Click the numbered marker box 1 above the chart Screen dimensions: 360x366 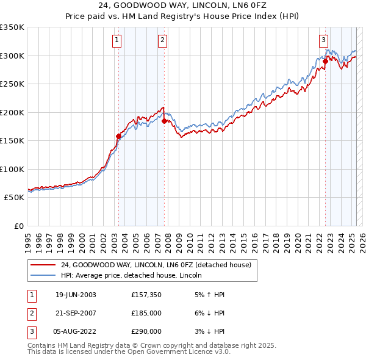tap(117, 41)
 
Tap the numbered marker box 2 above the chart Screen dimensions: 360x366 tap(163, 41)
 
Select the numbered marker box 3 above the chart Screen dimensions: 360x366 tap(323, 41)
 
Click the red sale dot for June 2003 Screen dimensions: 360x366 tap(118, 136)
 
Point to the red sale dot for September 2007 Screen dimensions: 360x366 tap(165, 121)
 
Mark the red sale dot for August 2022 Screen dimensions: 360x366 tap(325, 61)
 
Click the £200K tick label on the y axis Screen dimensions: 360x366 tap(12, 112)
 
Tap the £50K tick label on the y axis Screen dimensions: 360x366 tap(14, 198)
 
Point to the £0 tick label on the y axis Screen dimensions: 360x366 tap(19, 226)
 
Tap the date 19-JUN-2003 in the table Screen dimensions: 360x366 tap(76, 295)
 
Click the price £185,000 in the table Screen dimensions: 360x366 tap(146, 313)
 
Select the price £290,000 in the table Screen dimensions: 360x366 tap(146, 331)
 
